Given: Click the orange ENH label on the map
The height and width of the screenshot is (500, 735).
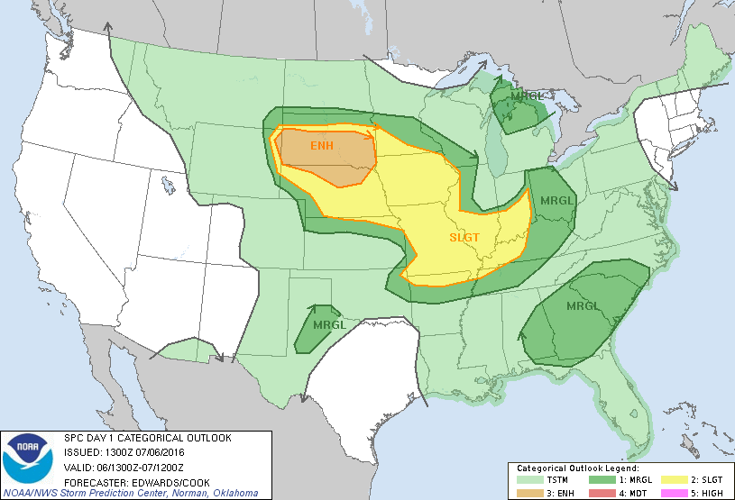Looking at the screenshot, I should pos(323,146).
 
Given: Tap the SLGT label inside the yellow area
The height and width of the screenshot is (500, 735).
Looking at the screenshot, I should pos(465,238).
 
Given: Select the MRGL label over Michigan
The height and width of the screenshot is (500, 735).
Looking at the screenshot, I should pos(527,96).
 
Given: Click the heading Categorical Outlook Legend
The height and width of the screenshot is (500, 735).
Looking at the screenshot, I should pos(577,469).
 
